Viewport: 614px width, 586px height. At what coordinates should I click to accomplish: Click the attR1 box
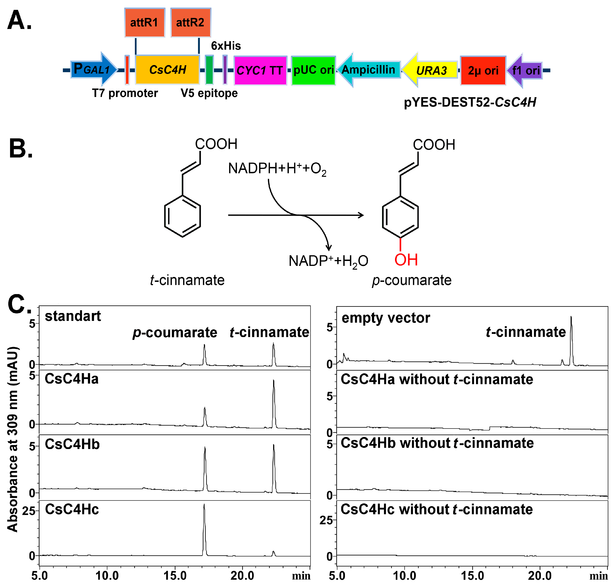(145, 22)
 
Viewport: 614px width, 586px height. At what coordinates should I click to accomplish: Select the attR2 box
(191, 22)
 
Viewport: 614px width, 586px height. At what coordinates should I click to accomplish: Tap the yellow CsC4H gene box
(167, 70)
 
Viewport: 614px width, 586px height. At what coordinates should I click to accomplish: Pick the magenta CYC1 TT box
(260, 70)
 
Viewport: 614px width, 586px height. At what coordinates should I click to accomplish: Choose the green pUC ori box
(313, 70)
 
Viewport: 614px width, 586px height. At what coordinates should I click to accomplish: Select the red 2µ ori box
(483, 70)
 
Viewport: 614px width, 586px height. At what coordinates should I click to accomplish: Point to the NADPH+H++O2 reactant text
(277, 169)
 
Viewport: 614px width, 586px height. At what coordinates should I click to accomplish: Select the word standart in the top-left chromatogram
(73, 316)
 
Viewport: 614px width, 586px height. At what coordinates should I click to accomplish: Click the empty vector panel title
(386, 318)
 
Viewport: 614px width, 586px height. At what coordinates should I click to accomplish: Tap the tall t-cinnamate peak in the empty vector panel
(571, 340)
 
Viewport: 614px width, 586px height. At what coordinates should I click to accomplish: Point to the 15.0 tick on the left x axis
(175, 575)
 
